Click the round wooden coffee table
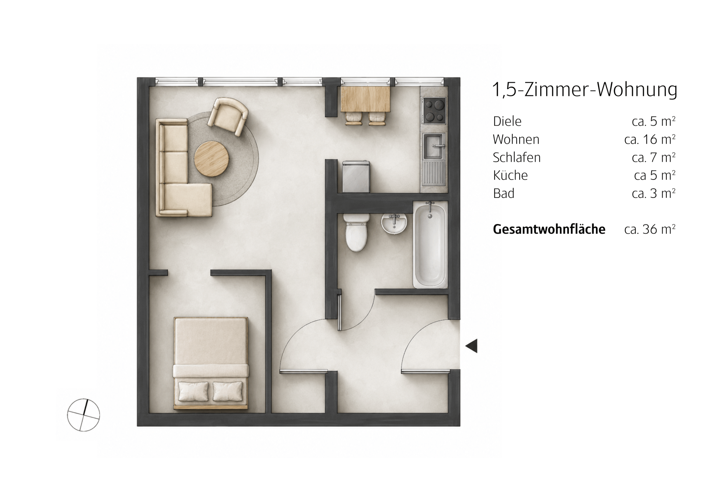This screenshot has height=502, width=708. pyautogui.click(x=212, y=158)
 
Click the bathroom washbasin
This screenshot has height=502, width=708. pyautogui.click(x=394, y=223)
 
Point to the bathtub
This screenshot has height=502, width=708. pyautogui.click(x=430, y=245)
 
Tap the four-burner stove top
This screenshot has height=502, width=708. pyautogui.click(x=434, y=110)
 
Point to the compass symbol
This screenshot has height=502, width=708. pyautogui.click(x=84, y=415)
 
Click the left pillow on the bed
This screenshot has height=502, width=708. pyautogui.click(x=193, y=391)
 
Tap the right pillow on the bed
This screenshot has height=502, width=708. pyautogui.click(x=228, y=391)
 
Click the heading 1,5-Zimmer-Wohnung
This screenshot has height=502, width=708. pyautogui.click(x=585, y=90)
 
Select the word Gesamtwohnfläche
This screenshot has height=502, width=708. pyautogui.click(x=549, y=229)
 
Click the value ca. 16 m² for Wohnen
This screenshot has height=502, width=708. pyautogui.click(x=650, y=139)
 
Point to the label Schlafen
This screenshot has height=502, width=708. pyautogui.click(x=517, y=157)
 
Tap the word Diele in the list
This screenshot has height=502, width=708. pyautogui.click(x=507, y=121)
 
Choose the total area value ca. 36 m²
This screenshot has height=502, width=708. pyautogui.click(x=650, y=229)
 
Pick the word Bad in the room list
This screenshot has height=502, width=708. pyautogui.click(x=504, y=194)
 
